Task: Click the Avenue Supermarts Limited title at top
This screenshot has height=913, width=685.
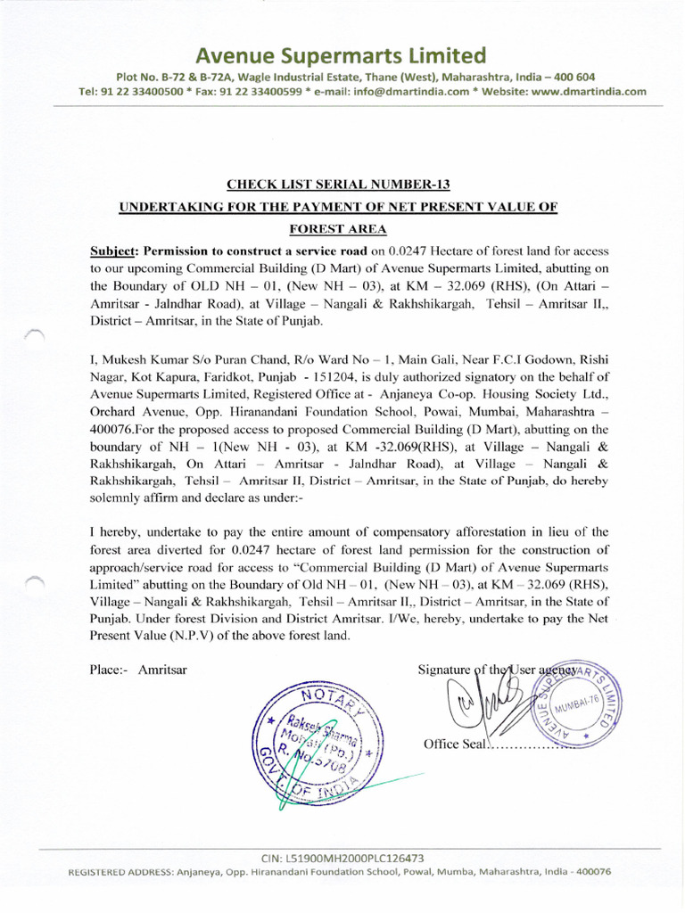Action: click(342, 54)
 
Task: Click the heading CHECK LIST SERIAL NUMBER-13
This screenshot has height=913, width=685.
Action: click(339, 185)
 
